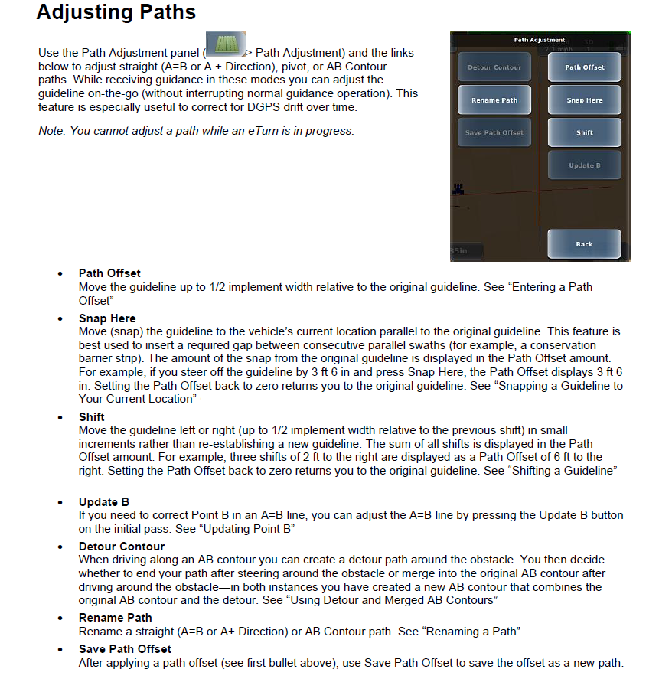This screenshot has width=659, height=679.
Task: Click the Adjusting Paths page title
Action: [116, 13]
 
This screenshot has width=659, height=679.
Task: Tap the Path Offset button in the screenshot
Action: [584, 67]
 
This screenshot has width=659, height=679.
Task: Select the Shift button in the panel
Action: [584, 132]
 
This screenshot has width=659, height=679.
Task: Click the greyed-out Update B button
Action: [584, 165]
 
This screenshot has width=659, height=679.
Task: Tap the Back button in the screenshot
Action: [584, 244]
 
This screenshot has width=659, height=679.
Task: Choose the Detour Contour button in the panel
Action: [494, 67]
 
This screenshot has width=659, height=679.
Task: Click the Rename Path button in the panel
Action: [494, 100]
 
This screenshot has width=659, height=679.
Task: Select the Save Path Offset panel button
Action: [494, 132]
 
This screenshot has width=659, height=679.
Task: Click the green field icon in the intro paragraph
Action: [225, 45]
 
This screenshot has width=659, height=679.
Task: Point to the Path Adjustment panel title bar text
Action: [539, 39]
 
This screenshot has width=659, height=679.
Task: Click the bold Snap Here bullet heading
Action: [107, 318]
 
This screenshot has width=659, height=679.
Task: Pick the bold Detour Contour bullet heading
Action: [122, 547]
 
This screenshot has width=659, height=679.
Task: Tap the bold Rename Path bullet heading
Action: [115, 617]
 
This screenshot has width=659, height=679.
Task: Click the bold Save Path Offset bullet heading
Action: [125, 649]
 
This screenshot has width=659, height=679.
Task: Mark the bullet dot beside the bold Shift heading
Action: [60, 418]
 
